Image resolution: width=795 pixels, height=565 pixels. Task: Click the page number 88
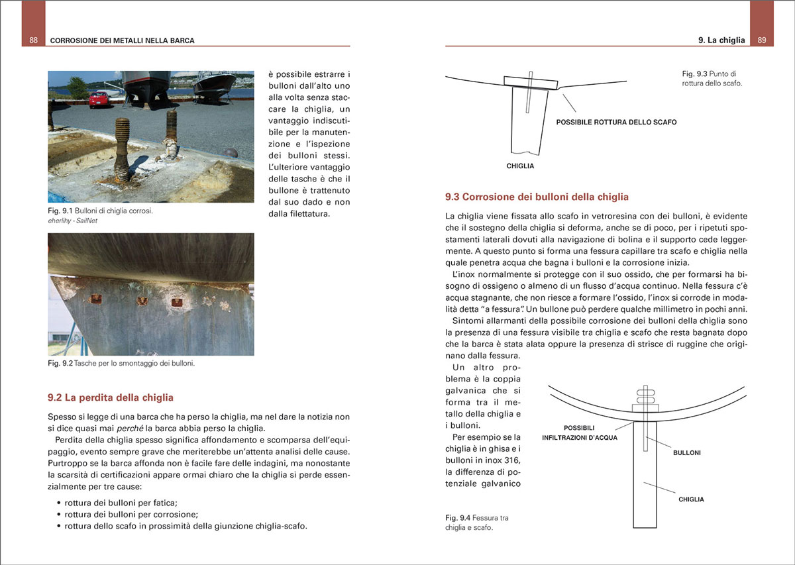coord(33,40)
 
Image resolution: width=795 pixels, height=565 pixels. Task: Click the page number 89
coord(762,40)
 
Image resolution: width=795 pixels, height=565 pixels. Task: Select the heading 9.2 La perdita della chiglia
coord(111,397)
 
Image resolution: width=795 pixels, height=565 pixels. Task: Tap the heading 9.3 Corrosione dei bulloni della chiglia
coord(537,197)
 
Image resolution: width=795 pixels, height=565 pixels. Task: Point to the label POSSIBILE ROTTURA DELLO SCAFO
coord(616,123)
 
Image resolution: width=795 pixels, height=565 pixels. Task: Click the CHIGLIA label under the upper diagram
coord(520,166)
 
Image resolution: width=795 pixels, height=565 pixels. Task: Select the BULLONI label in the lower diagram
coord(687,453)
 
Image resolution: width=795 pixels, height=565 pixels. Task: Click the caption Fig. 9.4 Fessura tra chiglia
coord(477,523)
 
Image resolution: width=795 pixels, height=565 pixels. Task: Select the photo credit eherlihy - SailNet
coord(73,221)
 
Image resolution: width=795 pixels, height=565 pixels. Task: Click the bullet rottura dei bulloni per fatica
coord(121,502)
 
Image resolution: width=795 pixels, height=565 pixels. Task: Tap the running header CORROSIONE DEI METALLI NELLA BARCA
coord(123,40)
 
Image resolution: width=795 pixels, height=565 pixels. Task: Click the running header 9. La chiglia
coord(721,40)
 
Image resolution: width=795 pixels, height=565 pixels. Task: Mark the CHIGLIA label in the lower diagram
coord(692,499)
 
